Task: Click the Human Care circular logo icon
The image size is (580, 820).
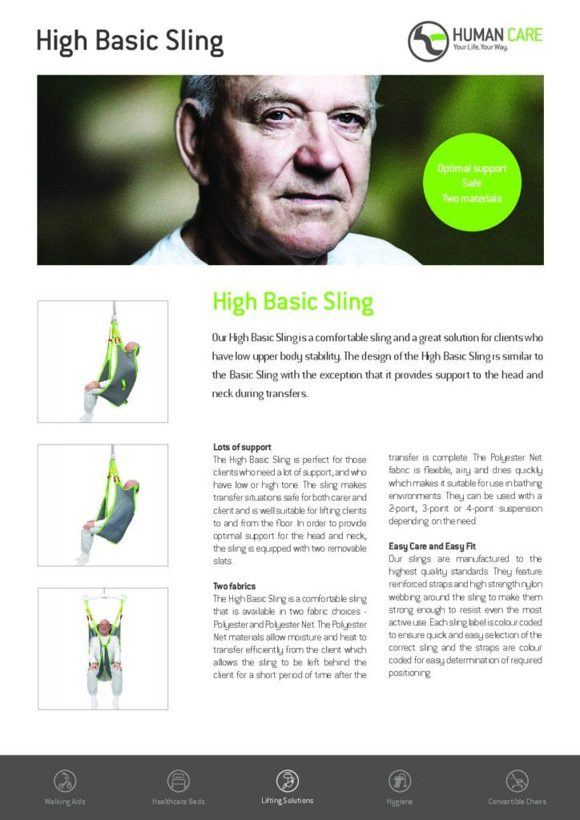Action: (428, 41)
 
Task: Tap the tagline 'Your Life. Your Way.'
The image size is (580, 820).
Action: (481, 49)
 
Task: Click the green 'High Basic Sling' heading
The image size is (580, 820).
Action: (292, 302)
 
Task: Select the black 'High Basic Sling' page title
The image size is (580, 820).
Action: (129, 40)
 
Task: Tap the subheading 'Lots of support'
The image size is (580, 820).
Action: (242, 447)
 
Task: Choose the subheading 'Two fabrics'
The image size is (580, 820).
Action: (234, 587)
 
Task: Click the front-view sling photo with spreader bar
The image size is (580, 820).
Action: (103, 649)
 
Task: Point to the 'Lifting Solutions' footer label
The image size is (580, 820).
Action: (287, 801)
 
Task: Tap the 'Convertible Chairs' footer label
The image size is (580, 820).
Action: (517, 802)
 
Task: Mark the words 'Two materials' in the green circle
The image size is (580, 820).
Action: (472, 198)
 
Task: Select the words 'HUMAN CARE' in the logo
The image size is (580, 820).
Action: (497, 34)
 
